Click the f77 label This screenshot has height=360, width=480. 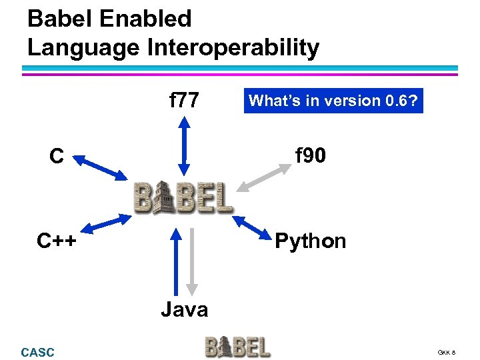pos(184,101)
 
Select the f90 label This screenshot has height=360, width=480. pos(310,157)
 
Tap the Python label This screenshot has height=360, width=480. pos(310,241)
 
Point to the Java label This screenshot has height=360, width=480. pos(184,309)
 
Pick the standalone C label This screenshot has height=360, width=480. pos(56,157)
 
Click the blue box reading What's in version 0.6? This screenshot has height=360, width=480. pos(333,101)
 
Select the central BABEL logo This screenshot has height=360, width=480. pos(183,197)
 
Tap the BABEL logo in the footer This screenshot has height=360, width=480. pos(237,347)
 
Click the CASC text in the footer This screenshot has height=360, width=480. pos(38,352)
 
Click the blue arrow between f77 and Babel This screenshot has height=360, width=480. pos(185,145)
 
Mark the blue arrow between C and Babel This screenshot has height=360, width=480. pos(100,167)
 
